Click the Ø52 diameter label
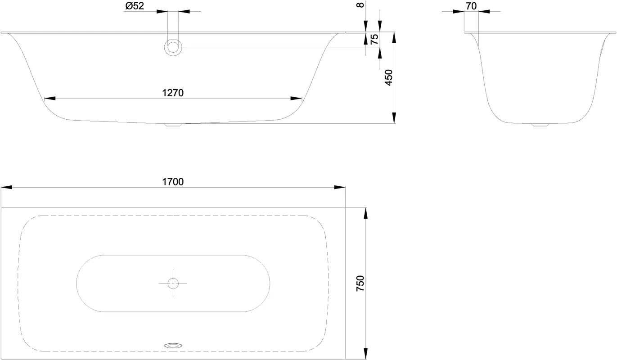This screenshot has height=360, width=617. (135, 6)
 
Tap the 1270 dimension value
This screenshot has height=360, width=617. (173, 93)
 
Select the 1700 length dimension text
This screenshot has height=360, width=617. (173, 182)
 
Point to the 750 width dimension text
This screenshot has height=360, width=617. (360, 283)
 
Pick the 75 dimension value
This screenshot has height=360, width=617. (374, 39)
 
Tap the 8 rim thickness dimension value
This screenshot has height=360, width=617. (360, 4)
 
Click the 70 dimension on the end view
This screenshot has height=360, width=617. (471, 6)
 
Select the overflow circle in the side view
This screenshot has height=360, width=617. (173, 47)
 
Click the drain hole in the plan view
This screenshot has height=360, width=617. (173, 283)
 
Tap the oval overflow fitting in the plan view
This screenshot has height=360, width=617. (173, 345)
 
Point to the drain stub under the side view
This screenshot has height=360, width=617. (173, 125)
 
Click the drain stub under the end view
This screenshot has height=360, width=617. (540, 125)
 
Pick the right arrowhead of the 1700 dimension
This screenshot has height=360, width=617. (340, 187)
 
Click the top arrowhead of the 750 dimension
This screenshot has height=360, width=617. (365, 213)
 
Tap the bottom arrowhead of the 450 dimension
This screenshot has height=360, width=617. (394, 118)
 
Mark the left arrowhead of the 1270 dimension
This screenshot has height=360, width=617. (50, 99)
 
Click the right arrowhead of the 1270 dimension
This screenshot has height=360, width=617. (297, 99)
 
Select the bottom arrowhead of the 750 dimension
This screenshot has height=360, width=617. (365, 354)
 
